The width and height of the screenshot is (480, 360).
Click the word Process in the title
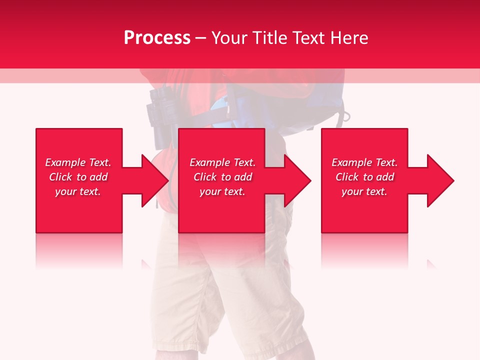click(157, 38)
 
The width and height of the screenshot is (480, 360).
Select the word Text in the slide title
click(308, 38)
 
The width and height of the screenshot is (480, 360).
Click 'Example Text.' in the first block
click(78, 162)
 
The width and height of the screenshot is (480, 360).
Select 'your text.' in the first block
click(78, 191)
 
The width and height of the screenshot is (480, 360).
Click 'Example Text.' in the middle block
click(222, 162)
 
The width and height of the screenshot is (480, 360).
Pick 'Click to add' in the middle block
click(222, 177)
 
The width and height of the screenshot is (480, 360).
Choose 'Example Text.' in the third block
click(364, 162)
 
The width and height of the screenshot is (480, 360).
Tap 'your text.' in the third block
click(364, 191)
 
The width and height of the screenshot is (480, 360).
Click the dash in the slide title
click(200, 38)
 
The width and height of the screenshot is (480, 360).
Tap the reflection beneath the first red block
click(79, 250)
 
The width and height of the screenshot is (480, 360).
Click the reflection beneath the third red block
click(364, 250)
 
